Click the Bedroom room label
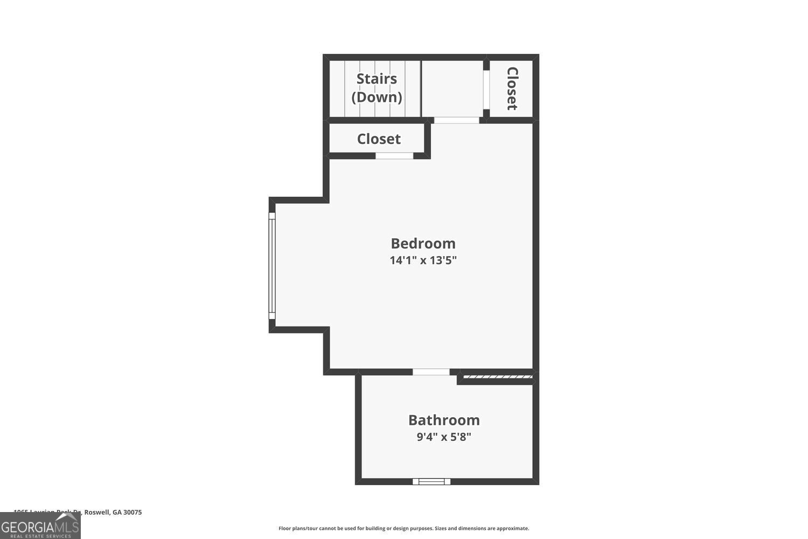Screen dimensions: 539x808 (x=423, y=243)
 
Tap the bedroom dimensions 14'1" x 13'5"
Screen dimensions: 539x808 (x=423, y=260)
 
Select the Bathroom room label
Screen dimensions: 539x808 (x=444, y=420)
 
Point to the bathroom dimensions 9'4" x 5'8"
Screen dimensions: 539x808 (x=444, y=437)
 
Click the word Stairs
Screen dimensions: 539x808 (x=377, y=79)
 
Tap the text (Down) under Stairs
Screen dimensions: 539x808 (x=377, y=97)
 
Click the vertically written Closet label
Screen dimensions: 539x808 (x=512, y=88)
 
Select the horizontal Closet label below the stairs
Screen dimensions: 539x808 (x=379, y=139)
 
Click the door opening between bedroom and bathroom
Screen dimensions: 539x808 (x=431, y=372)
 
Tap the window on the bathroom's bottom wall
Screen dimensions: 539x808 (x=431, y=481)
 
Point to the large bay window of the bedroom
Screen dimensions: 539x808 (x=272, y=266)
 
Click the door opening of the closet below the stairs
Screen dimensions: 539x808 (x=394, y=156)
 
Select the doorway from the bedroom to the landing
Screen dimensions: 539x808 (x=456, y=120)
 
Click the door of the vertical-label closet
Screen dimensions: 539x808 (x=486, y=89)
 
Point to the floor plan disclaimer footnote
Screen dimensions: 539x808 (x=403, y=528)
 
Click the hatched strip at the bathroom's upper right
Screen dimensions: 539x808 (x=497, y=377)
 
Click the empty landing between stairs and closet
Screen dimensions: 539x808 (x=452, y=88)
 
